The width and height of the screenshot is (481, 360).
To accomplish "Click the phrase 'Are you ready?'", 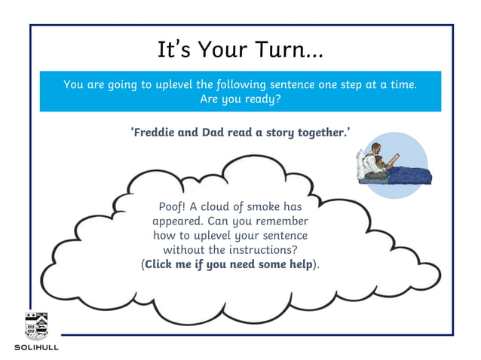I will [x=240, y=99].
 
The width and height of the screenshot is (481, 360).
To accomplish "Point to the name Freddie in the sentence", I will [x=155, y=133].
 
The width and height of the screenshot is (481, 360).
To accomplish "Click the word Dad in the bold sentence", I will [x=211, y=133].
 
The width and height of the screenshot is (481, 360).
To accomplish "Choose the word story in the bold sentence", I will [x=277, y=133].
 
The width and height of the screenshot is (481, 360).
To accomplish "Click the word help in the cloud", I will [x=299, y=264].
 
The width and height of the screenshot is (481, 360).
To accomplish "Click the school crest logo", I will [x=35, y=325].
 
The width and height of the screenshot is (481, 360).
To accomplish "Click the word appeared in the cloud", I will [x=179, y=221].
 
